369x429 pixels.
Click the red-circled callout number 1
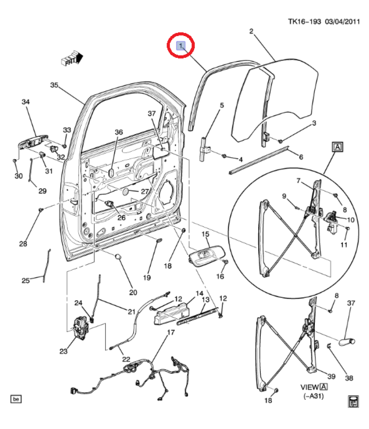pyautogui.click(x=181, y=45)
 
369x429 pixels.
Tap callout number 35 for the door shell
pyautogui.click(x=54, y=85)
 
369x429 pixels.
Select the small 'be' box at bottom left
pyautogui.click(x=16, y=399)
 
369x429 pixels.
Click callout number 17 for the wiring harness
pyautogui.click(x=171, y=332)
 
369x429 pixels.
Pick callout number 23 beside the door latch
pyautogui.click(x=64, y=351)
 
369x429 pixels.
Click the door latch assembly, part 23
pyautogui.click(x=81, y=328)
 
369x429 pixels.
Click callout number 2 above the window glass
pyautogui.click(x=251, y=31)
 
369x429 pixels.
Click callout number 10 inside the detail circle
pyautogui.click(x=351, y=220)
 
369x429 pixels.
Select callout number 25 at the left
pyautogui.click(x=26, y=281)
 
